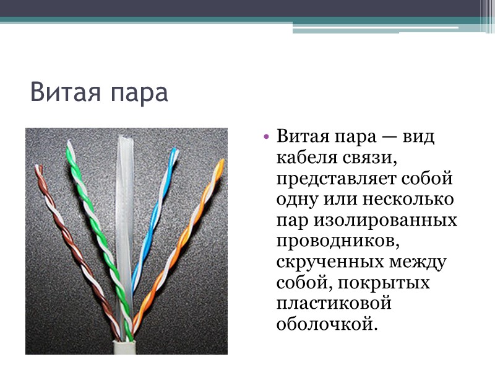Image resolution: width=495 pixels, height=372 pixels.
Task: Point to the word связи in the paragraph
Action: (369, 158)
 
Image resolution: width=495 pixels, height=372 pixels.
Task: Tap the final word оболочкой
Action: (326, 324)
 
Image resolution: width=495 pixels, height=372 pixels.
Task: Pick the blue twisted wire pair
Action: (151, 223)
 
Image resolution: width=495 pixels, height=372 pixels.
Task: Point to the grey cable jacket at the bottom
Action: (124, 347)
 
